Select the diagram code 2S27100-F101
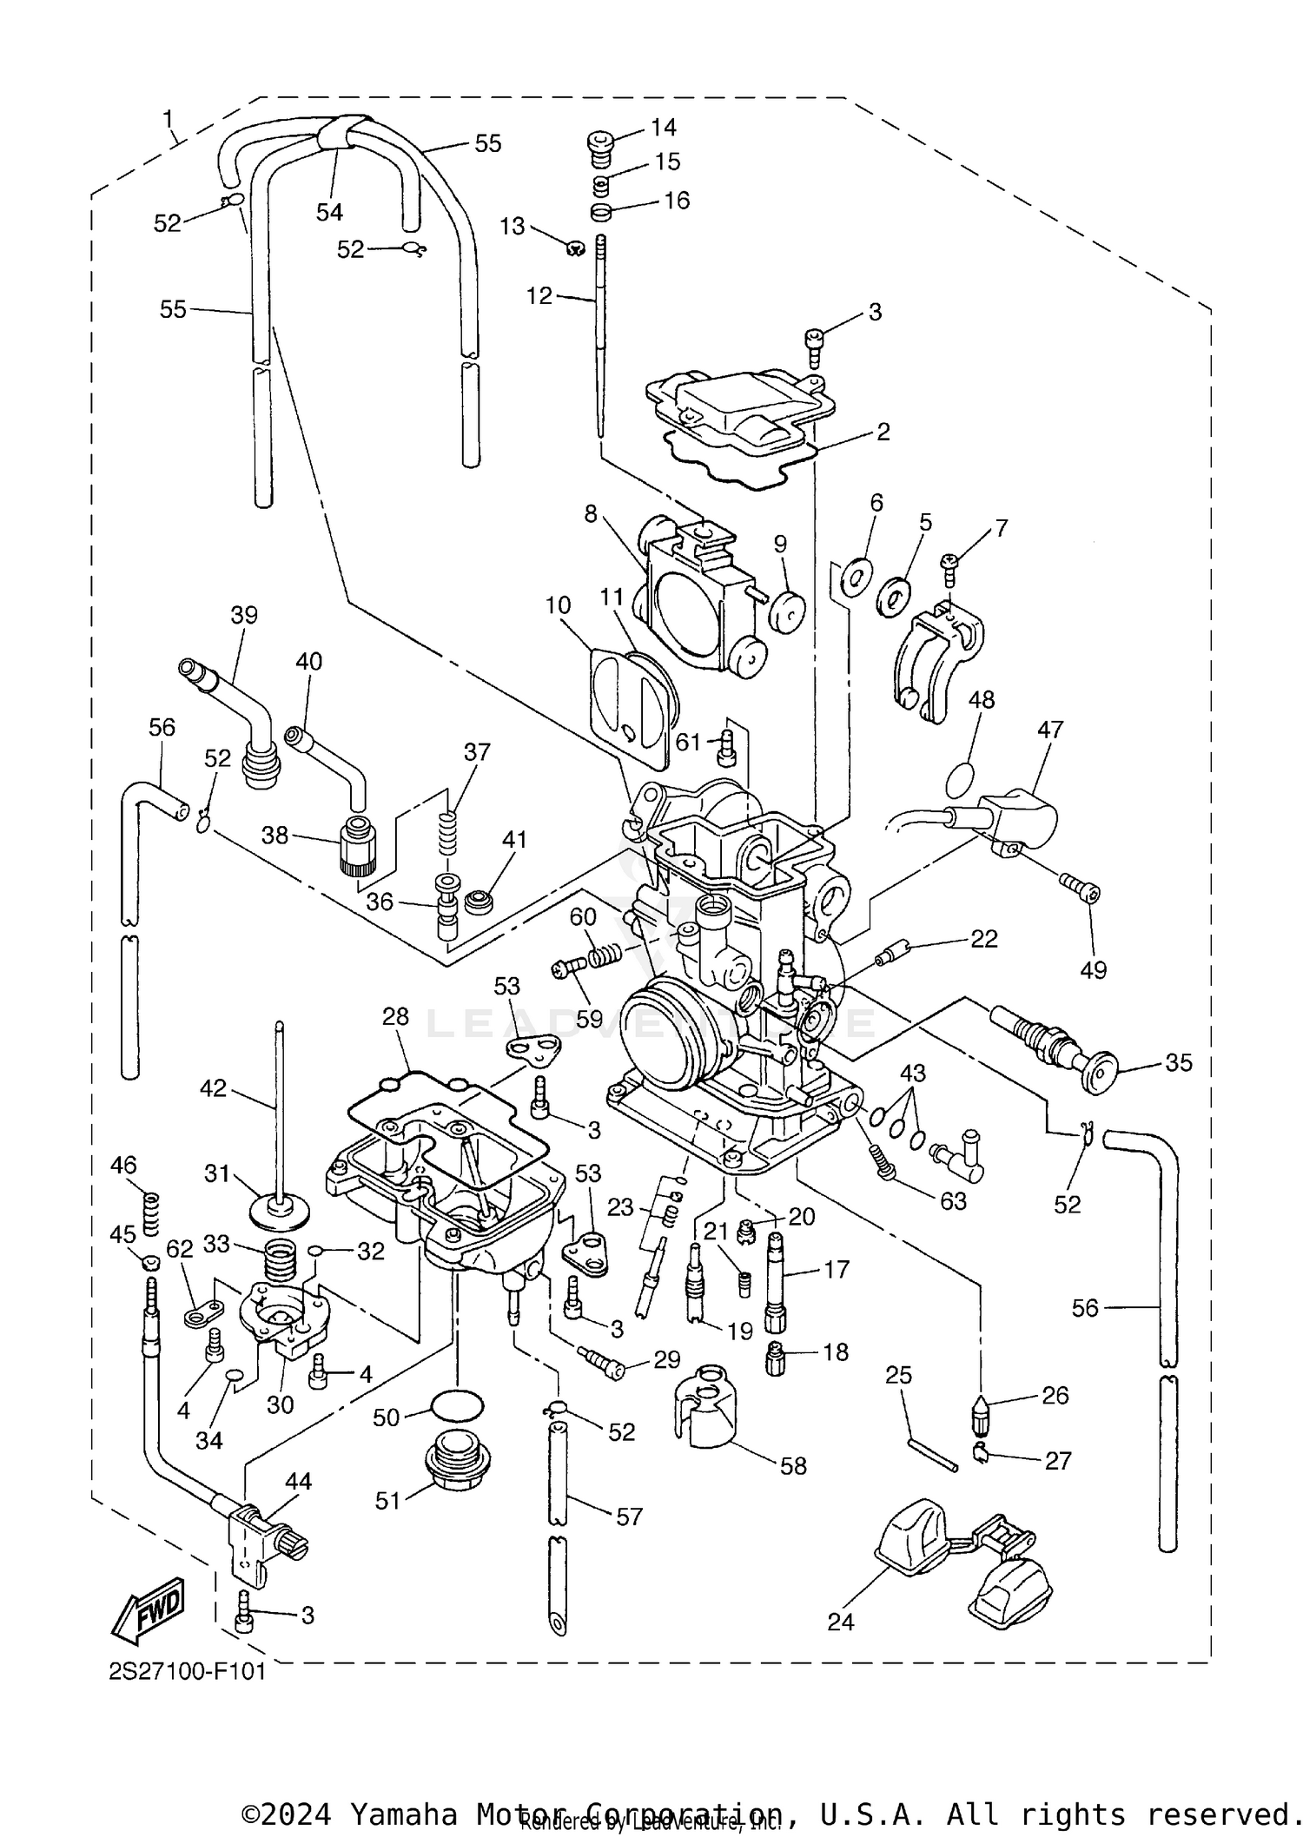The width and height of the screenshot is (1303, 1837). [187, 1672]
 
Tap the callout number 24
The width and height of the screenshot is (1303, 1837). [840, 1622]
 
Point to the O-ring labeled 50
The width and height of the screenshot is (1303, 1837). [457, 1404]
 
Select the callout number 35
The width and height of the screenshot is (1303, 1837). [1178, 1062]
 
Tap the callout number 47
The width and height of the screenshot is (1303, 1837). [1049, 730]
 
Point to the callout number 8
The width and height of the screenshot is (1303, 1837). [591, 514]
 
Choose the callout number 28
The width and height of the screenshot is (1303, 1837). [395, 1016]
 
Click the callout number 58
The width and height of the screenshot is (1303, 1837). [793, 1466]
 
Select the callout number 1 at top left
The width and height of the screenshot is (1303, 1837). [168, 117]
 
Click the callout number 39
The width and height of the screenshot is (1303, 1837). [244, 615]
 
